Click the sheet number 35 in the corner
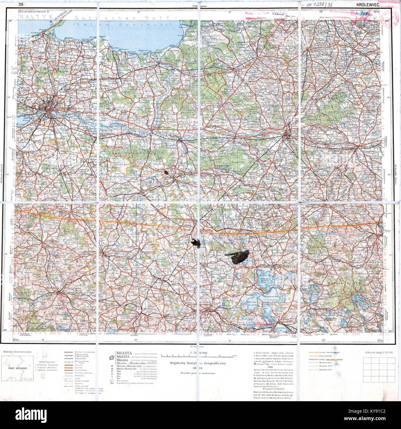pyautogui.click(x=21, y=4)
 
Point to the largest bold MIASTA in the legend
pyautogui.click(x=124, y=353)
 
